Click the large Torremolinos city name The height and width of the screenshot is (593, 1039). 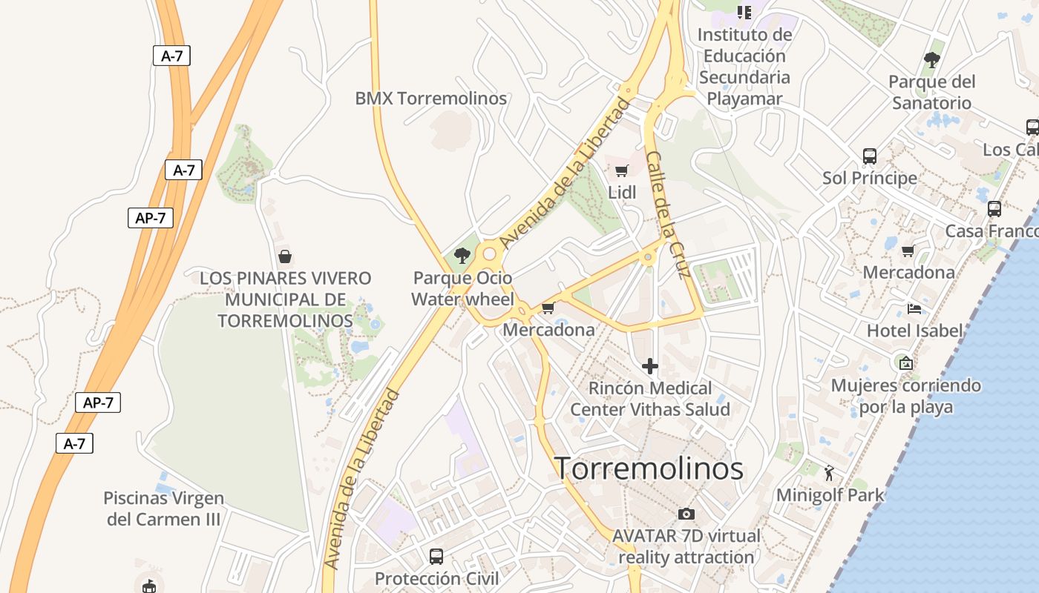pyautogui.click(x=649, y=468)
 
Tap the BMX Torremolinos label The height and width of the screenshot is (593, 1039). pyautogui.click(x=430, y=99)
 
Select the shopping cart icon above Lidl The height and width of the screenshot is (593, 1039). pyautogui.click(x=622, y=171)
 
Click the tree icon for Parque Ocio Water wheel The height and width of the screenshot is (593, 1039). pyautogui.click(x=462, y=256)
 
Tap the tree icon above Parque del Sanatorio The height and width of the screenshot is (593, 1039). pyautogui.click(x=932, y=60)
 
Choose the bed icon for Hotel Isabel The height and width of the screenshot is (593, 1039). pyautogui.click(x=914, y=309)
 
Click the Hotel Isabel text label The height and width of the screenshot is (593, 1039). pyautogui.click(x=914, y=331)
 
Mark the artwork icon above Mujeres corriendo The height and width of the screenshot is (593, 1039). pyautogui.click(x=905, y=363)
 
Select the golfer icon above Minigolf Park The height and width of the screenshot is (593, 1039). pyautogui.click(x=830, y=472)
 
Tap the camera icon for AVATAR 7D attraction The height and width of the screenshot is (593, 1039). pyautogui.click(x=686, y=514)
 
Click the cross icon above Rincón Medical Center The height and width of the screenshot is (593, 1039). pyautogui.click(x=650, y=366)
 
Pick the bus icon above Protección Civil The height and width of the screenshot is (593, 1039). pyautogui.click(x=436, y=556)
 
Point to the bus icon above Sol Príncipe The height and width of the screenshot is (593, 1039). pyautogui.click(x=870, y=156)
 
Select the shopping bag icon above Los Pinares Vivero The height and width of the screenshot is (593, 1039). pyautogui.click(x=285, y=257)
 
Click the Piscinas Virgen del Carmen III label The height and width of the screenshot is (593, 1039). pyautogui.click(x=163, y=508)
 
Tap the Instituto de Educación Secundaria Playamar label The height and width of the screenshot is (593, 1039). pyautogui.click(x=744, y=67)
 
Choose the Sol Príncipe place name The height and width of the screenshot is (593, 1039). pyautogui.click(x=870, y=178)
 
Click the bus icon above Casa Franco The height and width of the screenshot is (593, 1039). pyautogui.click(x=994, y=209)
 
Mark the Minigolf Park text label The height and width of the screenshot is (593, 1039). pyautogui.click(x=830, y=495)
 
